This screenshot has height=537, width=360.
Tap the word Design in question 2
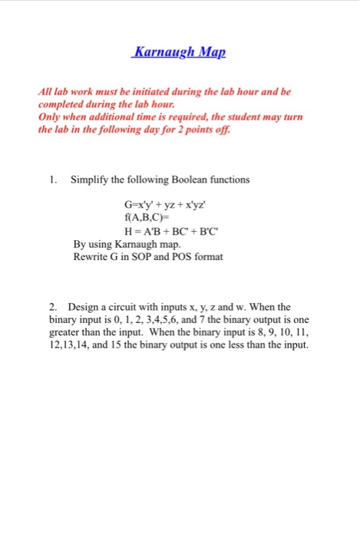click(84, 306)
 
